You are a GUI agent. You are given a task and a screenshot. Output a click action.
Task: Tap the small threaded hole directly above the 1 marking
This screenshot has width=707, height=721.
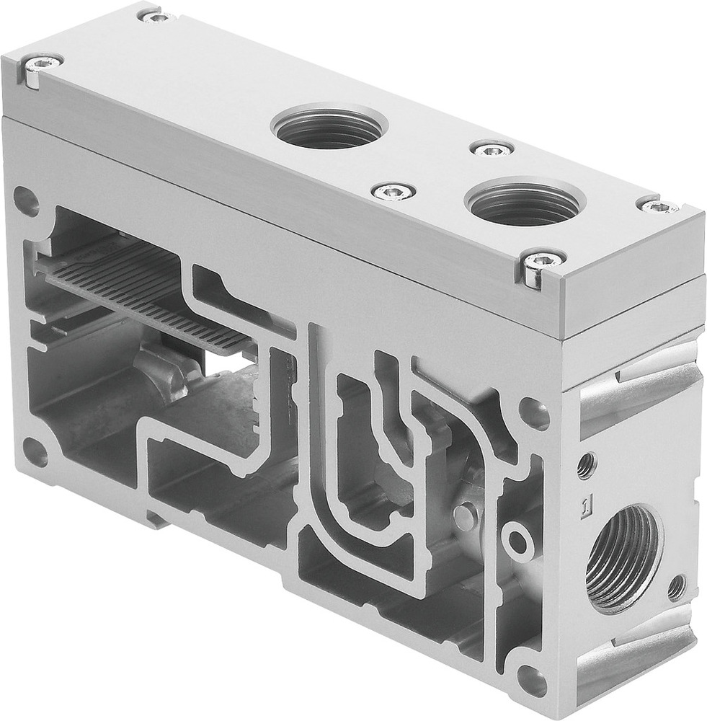tap(587, 465)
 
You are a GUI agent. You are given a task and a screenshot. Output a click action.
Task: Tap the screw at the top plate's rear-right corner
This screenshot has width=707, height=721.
tap(659, 207)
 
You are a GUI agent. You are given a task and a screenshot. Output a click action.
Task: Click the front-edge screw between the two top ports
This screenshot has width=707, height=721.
tap(393, 192)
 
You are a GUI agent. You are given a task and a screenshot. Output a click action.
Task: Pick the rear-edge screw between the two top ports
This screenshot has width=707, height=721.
tap(492, 150)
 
